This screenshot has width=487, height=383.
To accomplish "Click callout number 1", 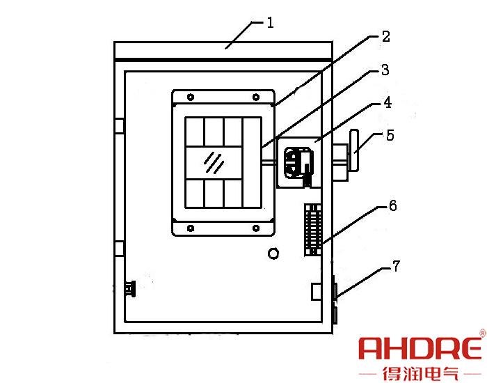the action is coord(271,23).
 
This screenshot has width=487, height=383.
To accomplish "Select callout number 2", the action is coord(385,37).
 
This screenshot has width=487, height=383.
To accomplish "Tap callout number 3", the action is coord(385,70).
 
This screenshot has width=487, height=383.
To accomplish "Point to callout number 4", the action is coord(388,102).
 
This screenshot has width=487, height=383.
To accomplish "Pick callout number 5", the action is coord(390,135).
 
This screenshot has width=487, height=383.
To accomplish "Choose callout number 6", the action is coord(393,206).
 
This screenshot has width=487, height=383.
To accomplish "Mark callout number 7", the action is coord(397,267).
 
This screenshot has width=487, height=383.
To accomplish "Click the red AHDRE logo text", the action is coord(420,348).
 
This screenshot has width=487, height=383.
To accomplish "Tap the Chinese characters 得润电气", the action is coord(420,373).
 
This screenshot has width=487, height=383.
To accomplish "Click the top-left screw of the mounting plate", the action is coord(191,97).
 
